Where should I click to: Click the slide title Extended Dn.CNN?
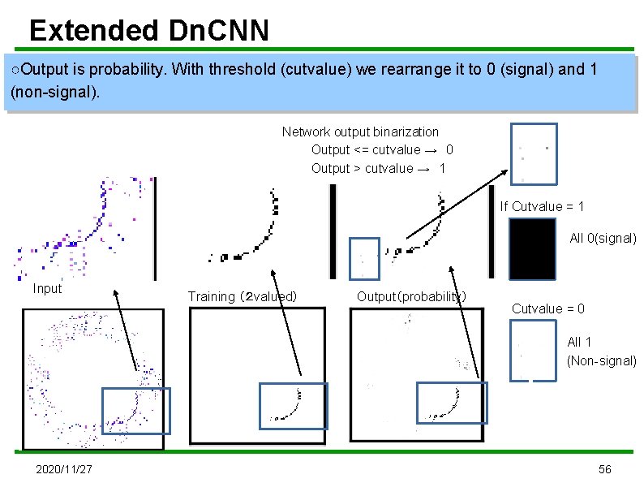[x=148, y=31]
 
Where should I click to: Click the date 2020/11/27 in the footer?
[x=64, y=470]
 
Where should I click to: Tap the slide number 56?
[x=604, y=470]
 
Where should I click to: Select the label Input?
[x=47, y=288]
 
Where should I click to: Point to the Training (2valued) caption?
[x=242, y=296]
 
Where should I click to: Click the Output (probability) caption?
[x=411, y=296]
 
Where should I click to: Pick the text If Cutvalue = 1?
[x=542, y=206]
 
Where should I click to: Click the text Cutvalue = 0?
[x=547, y=308]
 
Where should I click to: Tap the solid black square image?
[x=532, y=251]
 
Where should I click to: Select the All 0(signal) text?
[x=603, y=238]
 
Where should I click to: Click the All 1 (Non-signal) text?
[x=601, y=351]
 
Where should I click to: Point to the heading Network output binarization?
[x=360, y=132]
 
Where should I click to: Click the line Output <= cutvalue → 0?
[x=382, y=149]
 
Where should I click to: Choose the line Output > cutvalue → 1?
[x=378, y=168]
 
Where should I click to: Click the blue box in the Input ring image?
[x=135, y=410]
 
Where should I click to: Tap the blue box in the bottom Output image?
[x=449, y=403]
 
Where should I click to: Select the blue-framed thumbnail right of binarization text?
[x=533, y=153]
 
